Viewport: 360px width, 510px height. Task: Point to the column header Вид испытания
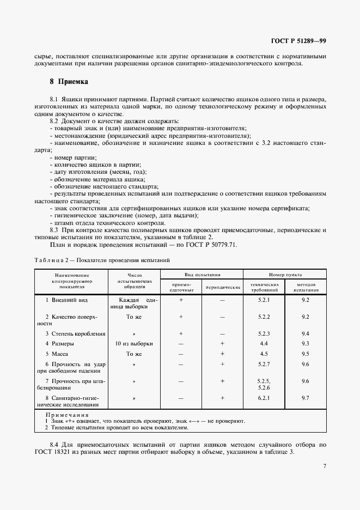(x=202, y=275)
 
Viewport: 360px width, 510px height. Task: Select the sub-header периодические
(x=222, y=287)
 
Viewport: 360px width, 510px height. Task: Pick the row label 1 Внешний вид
(x=66, y=300)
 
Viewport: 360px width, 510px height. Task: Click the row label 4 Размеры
(x=59, y=343)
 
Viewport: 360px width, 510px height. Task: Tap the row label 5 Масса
(x=58, y=354)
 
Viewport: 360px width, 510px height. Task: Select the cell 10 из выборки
(x=134, y=343)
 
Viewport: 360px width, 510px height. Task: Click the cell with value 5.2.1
(x=264, y=300)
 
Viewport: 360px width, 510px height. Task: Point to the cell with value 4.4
(x=264, y=343)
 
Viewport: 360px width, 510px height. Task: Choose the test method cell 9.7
(x=305, y=398)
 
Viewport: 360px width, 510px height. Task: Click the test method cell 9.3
(x=305, y=343)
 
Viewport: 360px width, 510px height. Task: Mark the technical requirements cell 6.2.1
(x=264, y=398)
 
